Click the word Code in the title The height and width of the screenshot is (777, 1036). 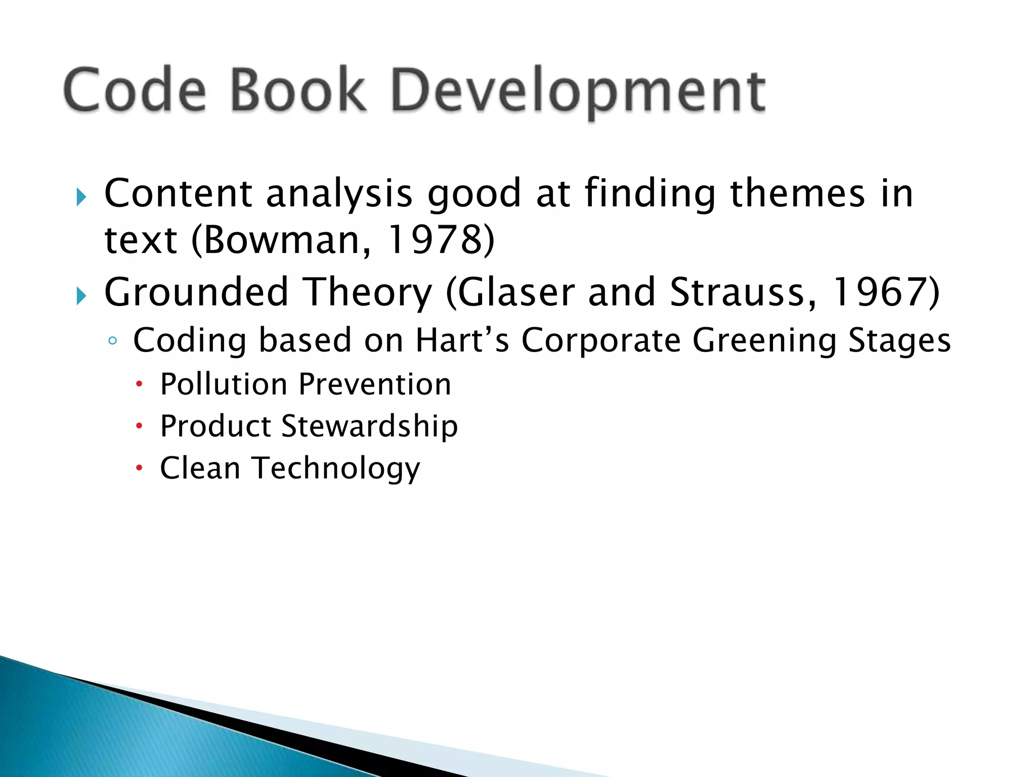135,90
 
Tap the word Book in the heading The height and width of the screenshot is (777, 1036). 297,90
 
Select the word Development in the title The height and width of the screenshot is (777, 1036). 578,91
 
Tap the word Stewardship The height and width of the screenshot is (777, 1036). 369,426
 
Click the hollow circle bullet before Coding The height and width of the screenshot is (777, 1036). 112,341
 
